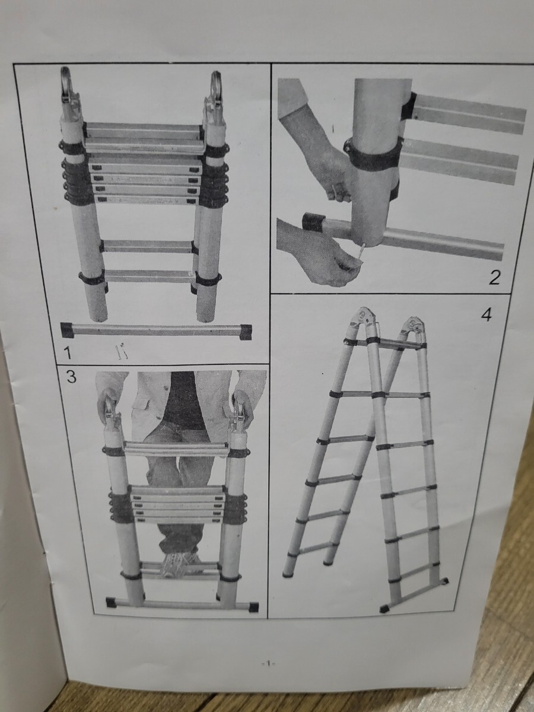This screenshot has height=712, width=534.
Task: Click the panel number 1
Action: [68, 352]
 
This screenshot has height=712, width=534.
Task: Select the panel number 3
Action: [71, 377]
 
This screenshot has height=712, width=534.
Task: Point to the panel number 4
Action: [486, 314]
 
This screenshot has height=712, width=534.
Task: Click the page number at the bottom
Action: [268, 670]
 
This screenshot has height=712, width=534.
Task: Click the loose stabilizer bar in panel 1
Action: [156, 331]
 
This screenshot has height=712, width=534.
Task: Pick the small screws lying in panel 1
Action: [121, 352]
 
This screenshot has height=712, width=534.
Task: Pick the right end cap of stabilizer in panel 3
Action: [253, 606]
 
